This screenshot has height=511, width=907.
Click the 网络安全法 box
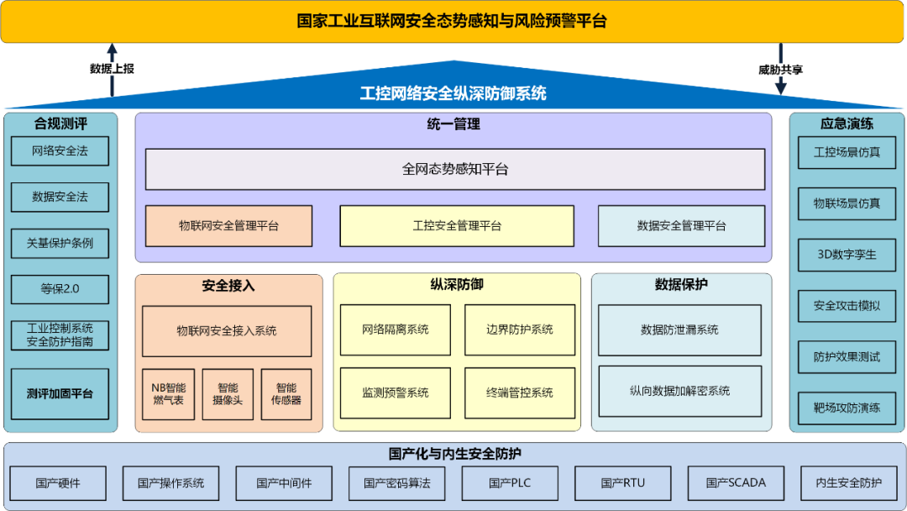[60, 151]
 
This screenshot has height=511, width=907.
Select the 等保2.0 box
[60, 289]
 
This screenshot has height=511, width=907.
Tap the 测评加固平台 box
[60, 394]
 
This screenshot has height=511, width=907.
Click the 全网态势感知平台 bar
[454, 170]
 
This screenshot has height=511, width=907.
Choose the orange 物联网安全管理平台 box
[228, 226]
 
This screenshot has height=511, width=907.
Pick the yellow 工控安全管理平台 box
[457, 226]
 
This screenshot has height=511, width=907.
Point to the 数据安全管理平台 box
[681, 226]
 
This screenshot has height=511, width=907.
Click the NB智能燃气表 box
[168, 394]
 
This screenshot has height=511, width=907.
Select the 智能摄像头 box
[228, 394]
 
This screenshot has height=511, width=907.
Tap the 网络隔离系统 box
[395, 329]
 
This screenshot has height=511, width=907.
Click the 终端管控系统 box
[520, 393]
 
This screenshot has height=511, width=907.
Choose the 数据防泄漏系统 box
[679, 330]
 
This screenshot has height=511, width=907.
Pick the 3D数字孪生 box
[847, 255]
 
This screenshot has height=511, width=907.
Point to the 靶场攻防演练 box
[847, 408]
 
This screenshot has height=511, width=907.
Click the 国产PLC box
[510, 483]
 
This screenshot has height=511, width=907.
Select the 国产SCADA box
[736, 483]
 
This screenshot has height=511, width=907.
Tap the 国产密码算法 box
[396, 483]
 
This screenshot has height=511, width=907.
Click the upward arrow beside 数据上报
[113, 70]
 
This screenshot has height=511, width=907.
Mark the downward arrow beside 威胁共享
[781, 69]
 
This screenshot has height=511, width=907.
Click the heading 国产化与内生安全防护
[454, 454]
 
